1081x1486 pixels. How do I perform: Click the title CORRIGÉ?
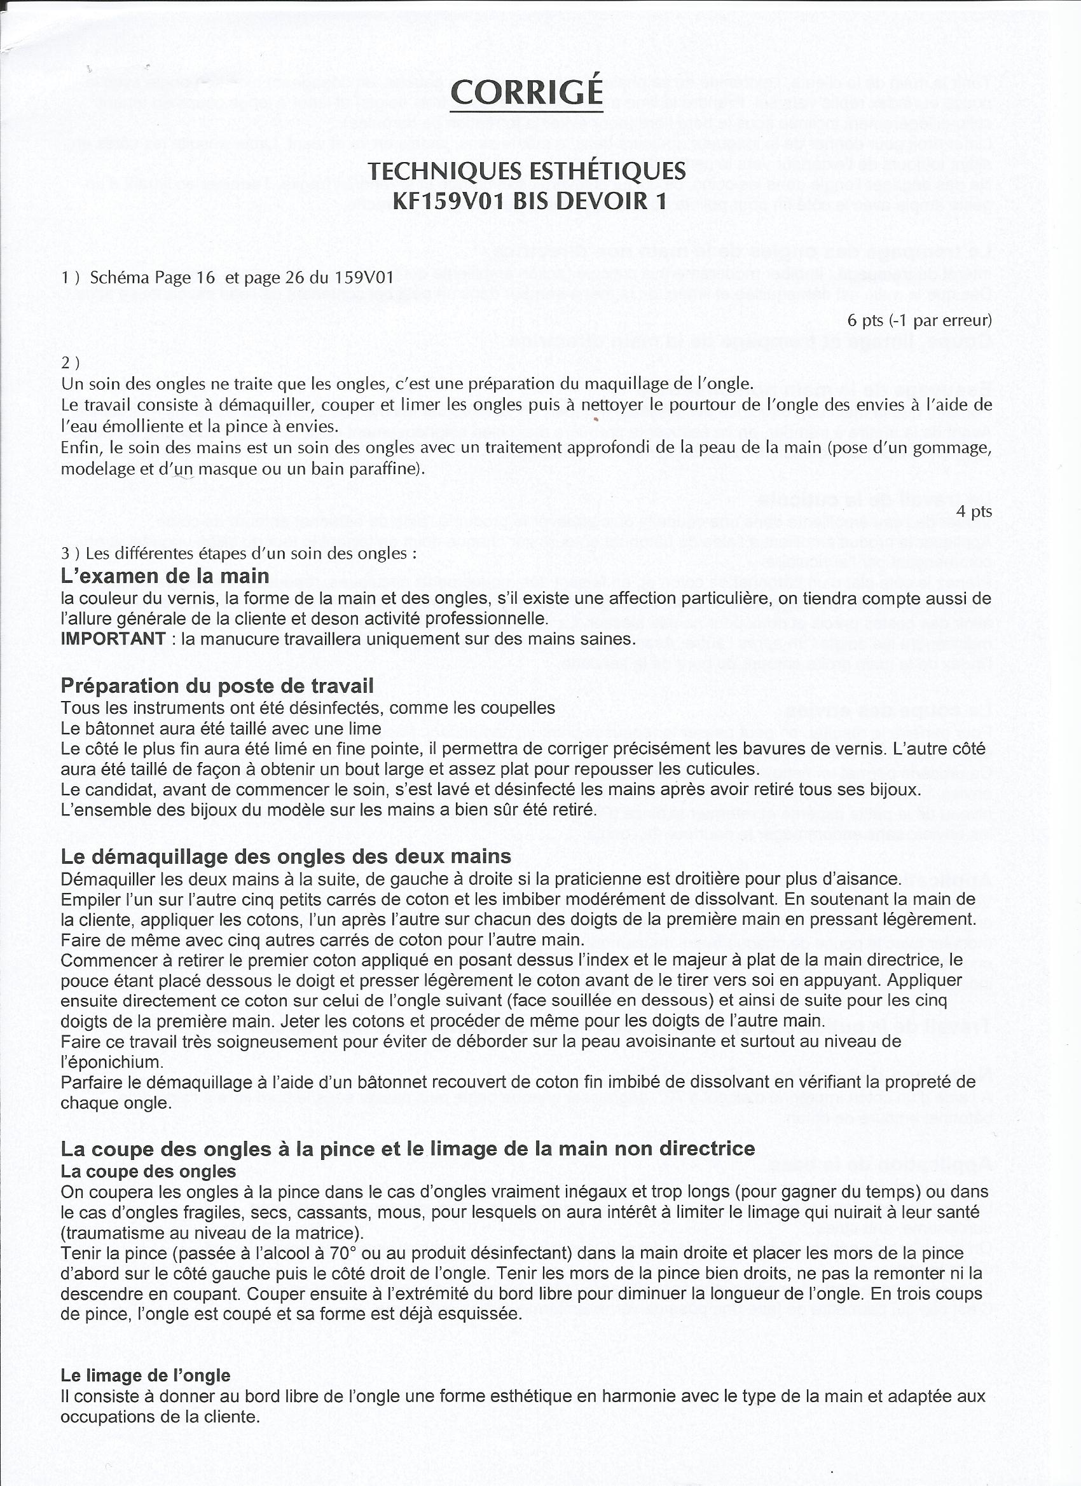click(x=527, y=92)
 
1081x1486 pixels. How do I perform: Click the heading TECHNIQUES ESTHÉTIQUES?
click(x=527, y=171)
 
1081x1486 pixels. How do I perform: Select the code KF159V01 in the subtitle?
click(x=449, y=200)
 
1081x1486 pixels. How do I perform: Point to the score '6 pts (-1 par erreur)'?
click(x=919, y=320)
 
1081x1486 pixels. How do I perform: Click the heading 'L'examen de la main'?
click(x=165, y=576)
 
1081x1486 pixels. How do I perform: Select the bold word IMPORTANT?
click(x=113, y=638)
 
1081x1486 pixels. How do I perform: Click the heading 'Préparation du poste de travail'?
click(x=217, y=685)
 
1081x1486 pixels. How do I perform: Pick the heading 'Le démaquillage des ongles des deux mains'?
click(x=286, y=856)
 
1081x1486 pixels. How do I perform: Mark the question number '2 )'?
click(x=71, y=362)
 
